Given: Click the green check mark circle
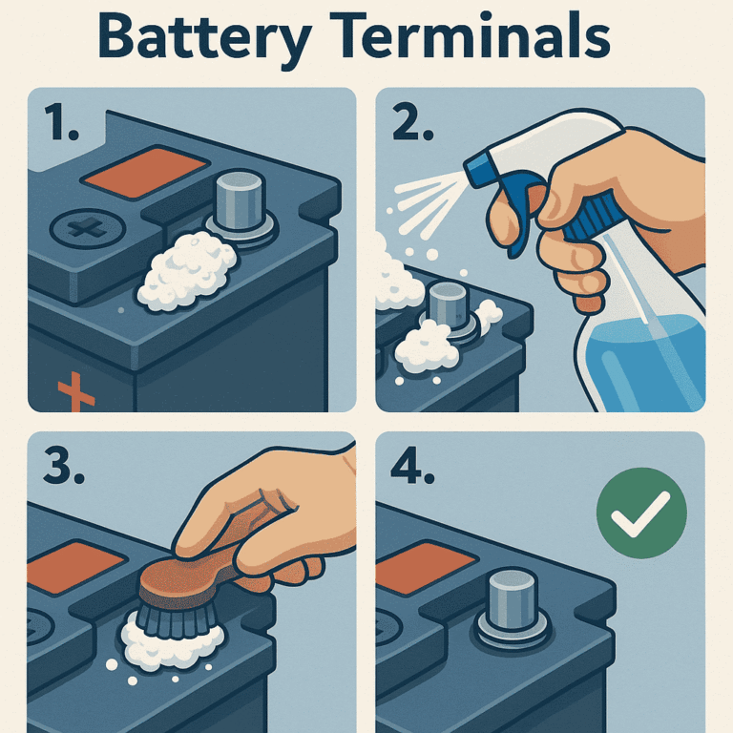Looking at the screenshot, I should click(640, 513).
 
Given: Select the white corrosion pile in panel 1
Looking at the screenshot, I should click(188, 269).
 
